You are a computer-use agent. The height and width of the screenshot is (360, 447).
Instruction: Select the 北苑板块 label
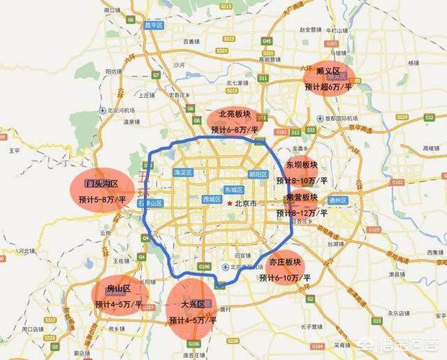click(x=235, y=115)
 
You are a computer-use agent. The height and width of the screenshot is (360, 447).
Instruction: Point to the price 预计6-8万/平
click(x=235, y=130)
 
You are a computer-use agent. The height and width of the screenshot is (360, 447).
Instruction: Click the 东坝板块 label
click(x=301, y=165)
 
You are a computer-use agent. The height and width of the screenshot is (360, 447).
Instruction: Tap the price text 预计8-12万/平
click(x=302, y=213)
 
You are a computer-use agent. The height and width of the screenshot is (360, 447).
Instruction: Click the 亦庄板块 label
click(x=284, y=262)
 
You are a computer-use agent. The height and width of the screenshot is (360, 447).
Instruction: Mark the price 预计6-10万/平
click(x=284, y=277)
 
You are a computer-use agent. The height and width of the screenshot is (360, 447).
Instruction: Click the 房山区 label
click(x=118, y=289)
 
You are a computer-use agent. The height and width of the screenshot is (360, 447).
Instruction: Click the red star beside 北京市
click(x=230, y=204)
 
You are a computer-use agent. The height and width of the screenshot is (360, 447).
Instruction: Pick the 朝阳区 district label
click(x=257, y=174)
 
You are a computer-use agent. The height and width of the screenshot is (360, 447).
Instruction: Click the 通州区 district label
click(x=337, y=200)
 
